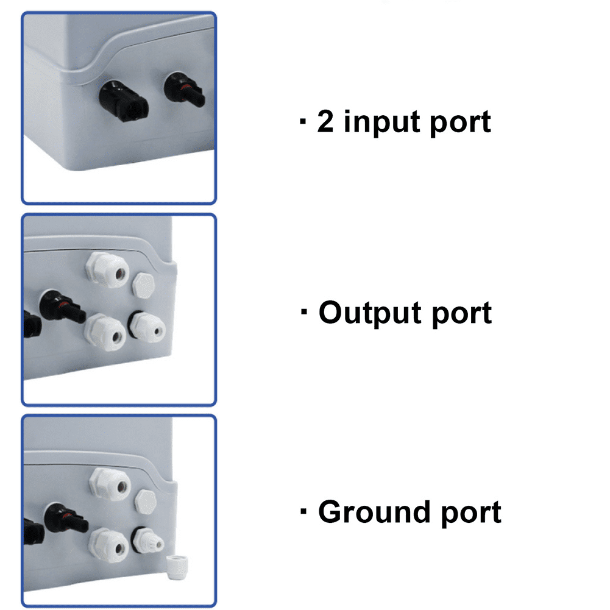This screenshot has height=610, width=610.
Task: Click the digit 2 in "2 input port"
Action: click(325, 121)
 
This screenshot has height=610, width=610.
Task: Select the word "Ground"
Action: click(374, 511)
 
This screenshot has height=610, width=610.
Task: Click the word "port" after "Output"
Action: click(462, 314)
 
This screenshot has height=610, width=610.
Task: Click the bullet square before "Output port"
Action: click(304, 311)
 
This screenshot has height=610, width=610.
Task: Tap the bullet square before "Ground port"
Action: click(304, 511)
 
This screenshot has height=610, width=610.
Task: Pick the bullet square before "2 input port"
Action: click(303, 121)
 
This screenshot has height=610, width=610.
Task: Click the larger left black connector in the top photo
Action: click(123, 102)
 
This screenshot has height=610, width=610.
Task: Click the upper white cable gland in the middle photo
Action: click(107, 269)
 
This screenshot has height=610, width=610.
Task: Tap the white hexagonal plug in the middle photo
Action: click(144, 286)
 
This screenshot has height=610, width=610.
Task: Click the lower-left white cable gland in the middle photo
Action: click(105, 332)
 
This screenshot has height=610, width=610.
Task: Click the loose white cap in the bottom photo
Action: click(177, 567)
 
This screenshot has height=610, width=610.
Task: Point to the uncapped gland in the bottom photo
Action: click(147, 541)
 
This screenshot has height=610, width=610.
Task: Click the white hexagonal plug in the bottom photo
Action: click(146, 502)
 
